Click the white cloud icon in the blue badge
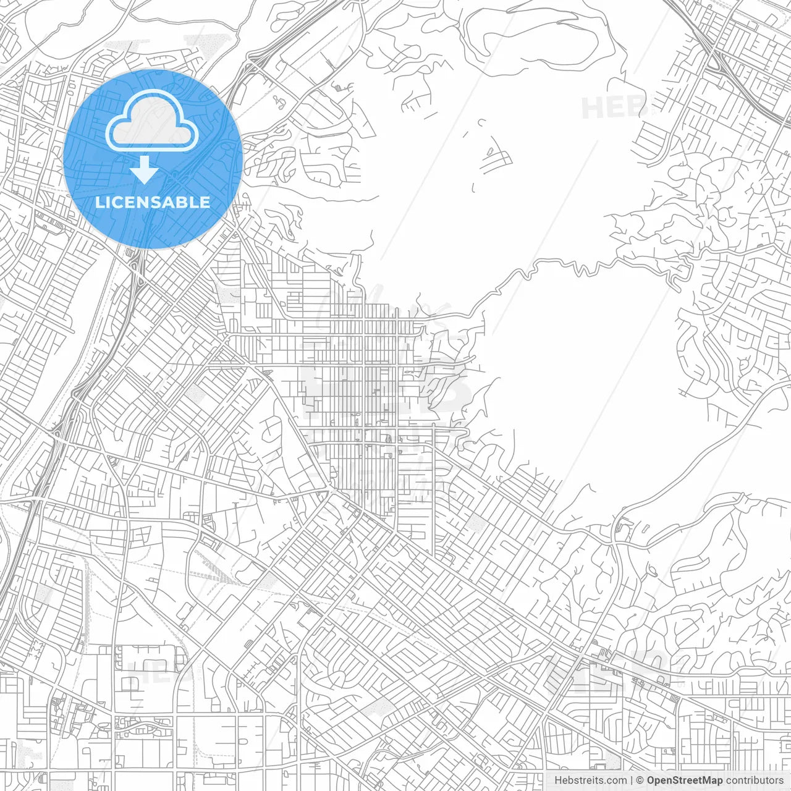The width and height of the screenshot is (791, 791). [152, 123]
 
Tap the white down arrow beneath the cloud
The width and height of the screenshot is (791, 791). [145, 170]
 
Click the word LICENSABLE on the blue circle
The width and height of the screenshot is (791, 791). [153, 202]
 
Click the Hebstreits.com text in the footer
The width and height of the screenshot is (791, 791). [590, 780]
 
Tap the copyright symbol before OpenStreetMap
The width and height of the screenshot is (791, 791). [640, 780]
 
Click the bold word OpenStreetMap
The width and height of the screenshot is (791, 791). [684, 780]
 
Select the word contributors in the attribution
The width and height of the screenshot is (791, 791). [755, 780]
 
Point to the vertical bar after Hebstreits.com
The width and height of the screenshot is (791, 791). [632, 780]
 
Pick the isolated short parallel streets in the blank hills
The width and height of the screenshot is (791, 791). [496, 161]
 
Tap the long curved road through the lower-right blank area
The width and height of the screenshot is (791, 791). [692, 470]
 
